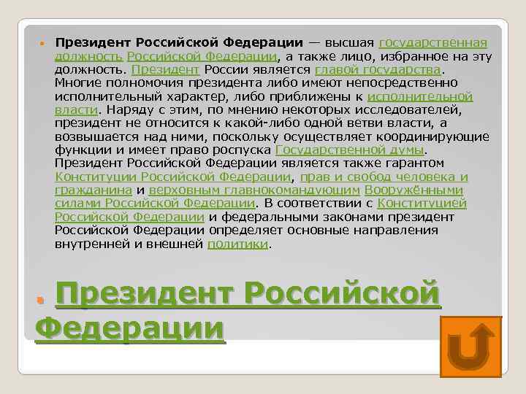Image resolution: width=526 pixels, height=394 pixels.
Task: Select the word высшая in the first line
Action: pos(350,42)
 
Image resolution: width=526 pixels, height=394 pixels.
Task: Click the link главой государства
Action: pos(378,69)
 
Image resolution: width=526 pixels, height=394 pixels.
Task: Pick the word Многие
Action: pos(78,82)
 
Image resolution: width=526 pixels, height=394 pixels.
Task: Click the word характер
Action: pos(169,96)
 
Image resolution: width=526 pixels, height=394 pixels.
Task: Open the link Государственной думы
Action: pos(350,150)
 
